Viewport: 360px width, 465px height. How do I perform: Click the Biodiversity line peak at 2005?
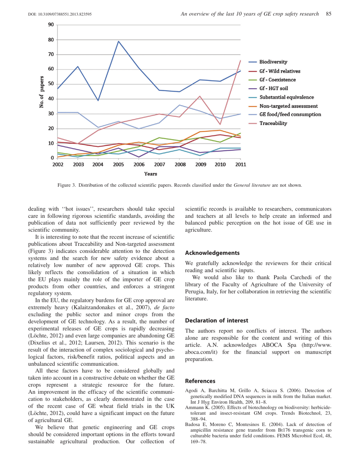[118, 41]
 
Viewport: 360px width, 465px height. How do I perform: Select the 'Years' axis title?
[150, 174]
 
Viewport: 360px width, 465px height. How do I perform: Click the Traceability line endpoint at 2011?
[240, 61]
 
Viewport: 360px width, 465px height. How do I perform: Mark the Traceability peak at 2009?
[200, 96]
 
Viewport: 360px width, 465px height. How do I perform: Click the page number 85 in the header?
[329, 14]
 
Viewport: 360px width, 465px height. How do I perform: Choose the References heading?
[200, 381]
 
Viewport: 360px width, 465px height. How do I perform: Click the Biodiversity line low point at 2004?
[98, 100]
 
